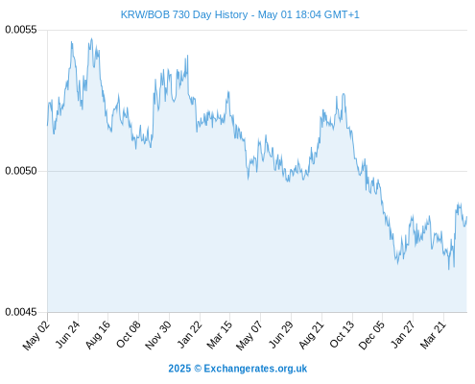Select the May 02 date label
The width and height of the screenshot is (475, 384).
pos(36,335)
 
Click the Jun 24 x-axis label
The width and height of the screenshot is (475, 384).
pos(67,334)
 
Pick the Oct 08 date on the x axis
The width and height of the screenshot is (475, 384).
pos(128,335)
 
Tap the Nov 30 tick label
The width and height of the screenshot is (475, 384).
pos(158,335)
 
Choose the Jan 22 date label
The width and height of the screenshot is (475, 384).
pos(189,334)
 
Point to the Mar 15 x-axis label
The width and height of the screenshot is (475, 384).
pos(219,335)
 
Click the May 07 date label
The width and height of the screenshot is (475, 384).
pos(249,335)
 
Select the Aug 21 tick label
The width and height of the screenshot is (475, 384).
pos(312,335)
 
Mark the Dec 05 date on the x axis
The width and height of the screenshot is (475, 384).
pos(371,335)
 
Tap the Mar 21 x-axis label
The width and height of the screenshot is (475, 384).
pos(433,335)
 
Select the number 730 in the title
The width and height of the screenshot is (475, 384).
pos(181,14)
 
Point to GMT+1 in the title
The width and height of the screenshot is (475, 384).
pos(342,14)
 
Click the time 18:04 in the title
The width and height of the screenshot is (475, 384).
pos(308,14)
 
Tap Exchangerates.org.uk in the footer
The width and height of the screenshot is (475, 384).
pos(255,369)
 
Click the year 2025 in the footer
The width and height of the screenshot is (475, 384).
pos(179,369)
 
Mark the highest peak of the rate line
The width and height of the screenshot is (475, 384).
pos(91,38)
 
